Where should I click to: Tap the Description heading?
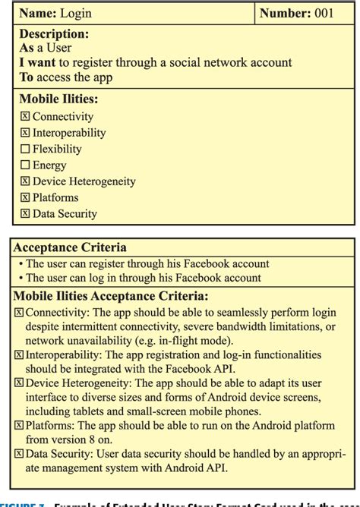[53, 34]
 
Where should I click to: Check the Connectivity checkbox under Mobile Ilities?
[24, 117]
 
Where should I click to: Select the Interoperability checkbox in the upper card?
[24, 133]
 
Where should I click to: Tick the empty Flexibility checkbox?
[24, 149]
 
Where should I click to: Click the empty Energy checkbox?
[24, 165]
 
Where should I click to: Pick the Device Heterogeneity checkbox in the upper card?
[24, 181]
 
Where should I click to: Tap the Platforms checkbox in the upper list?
[24, 197]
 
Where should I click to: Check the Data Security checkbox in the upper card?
[24, 213]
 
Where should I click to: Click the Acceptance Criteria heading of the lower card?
[70, 247]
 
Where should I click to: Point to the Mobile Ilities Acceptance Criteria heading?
[111, 295]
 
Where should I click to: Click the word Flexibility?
[57, 149]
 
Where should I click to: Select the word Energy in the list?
[49, 165]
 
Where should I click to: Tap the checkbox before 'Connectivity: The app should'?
[19, 312]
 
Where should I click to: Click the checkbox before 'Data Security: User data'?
[19, 454]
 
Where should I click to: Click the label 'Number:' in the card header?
[286, 13]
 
